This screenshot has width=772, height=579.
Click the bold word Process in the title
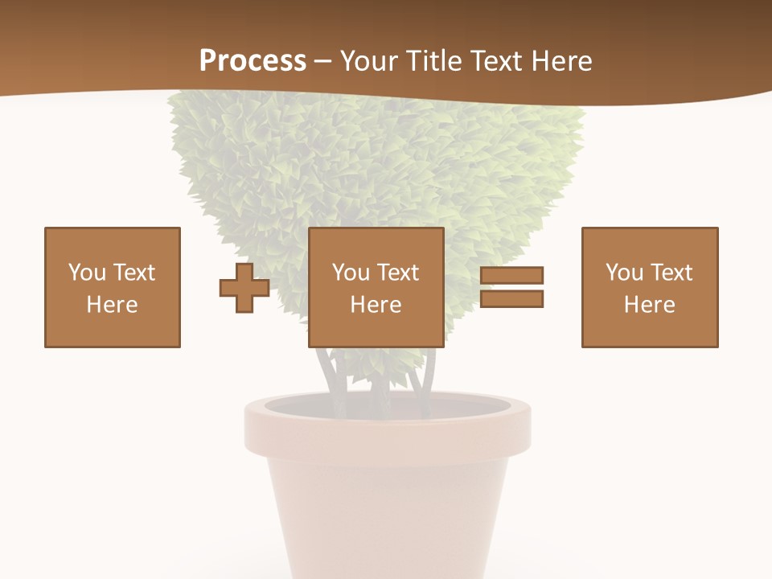(x=253, y=61)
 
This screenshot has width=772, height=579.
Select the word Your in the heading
(x=370, y=61)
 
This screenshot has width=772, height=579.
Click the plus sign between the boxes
(x=244, y=287)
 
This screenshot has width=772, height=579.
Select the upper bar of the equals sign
(x=511, y=275)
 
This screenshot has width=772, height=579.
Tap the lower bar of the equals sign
(x=511, y=298)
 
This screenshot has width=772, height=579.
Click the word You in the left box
(x=87, y=273)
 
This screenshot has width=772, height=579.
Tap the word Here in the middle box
(x=376, y=305)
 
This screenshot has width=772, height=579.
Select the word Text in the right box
(x=671, y=273)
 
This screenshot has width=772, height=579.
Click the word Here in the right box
(x=650, y=305)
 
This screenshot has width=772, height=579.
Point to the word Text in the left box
(x=133, y=273)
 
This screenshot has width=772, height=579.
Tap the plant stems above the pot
(x=378, y=374)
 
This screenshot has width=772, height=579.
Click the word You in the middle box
(x=351, y=273)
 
